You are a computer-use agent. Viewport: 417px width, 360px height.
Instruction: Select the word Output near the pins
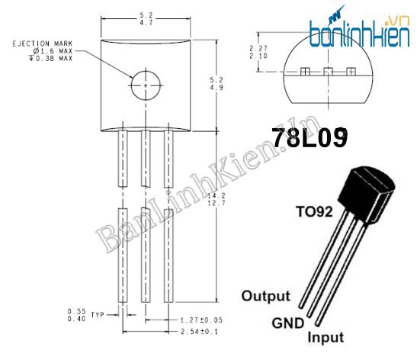pyautogui.click(x=265, y=296)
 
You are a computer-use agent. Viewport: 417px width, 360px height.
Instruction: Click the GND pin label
pyautogui.click(x=287, y=323)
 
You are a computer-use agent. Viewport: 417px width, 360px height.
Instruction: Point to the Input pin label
pyautogui.click(x=325, y=337)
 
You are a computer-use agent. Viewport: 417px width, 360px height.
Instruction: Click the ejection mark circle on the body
pyautogui.click(x=145, y=85)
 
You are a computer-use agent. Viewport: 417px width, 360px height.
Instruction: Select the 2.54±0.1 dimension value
pyautogui.click(x=199, y=333)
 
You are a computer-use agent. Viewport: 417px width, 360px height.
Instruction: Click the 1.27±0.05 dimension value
pyautogui.click(x=200, y=321)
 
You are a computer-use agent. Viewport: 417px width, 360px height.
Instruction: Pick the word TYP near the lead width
pyautogui.click(x=96, y=315)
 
